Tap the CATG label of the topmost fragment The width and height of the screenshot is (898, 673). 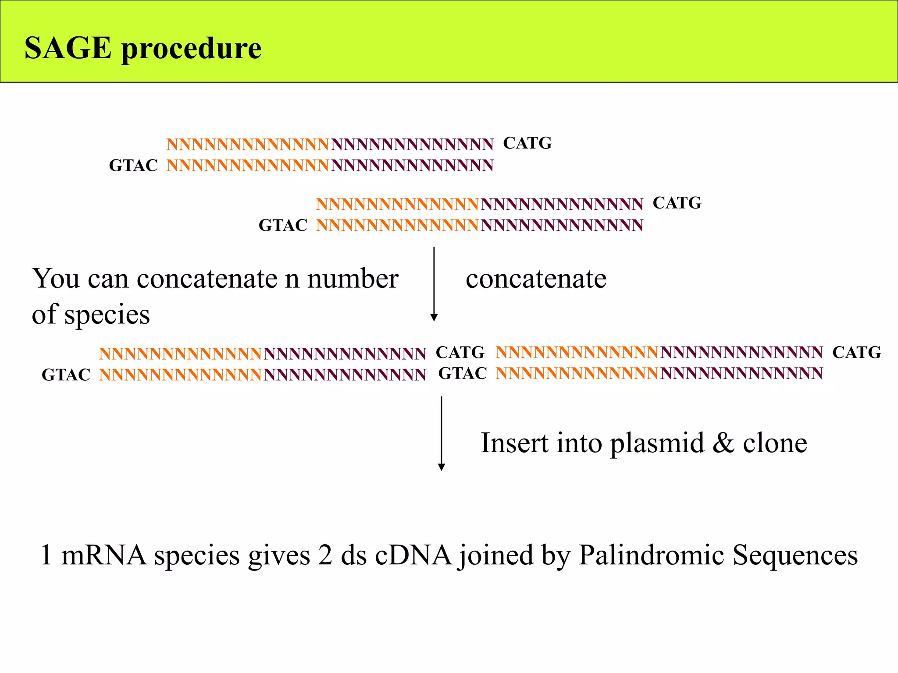[x=527, y=143]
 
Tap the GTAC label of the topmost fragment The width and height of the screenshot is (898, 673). [x=133, y=166]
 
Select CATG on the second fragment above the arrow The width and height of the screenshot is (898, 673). [x=677, y=203]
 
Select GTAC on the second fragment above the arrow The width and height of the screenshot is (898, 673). [x=283, y=226]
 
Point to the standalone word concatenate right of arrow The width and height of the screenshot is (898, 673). [x=536, y=279]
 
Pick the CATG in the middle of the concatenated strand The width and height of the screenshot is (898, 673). [x=460, y=353]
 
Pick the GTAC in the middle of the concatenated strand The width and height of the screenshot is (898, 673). [x=463, y=374]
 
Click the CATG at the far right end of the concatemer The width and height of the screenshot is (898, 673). [x=856, y=353]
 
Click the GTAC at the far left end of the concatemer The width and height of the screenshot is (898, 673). [x=66, y=375]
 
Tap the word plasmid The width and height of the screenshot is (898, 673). [x=657, y=443]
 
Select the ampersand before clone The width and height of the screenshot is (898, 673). [x=723, y=443]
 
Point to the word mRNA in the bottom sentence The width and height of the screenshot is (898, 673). [x=104, y=555]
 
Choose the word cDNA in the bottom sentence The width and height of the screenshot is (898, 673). [x=413, y=555]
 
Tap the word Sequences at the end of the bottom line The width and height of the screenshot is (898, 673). [x=795, y=555]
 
